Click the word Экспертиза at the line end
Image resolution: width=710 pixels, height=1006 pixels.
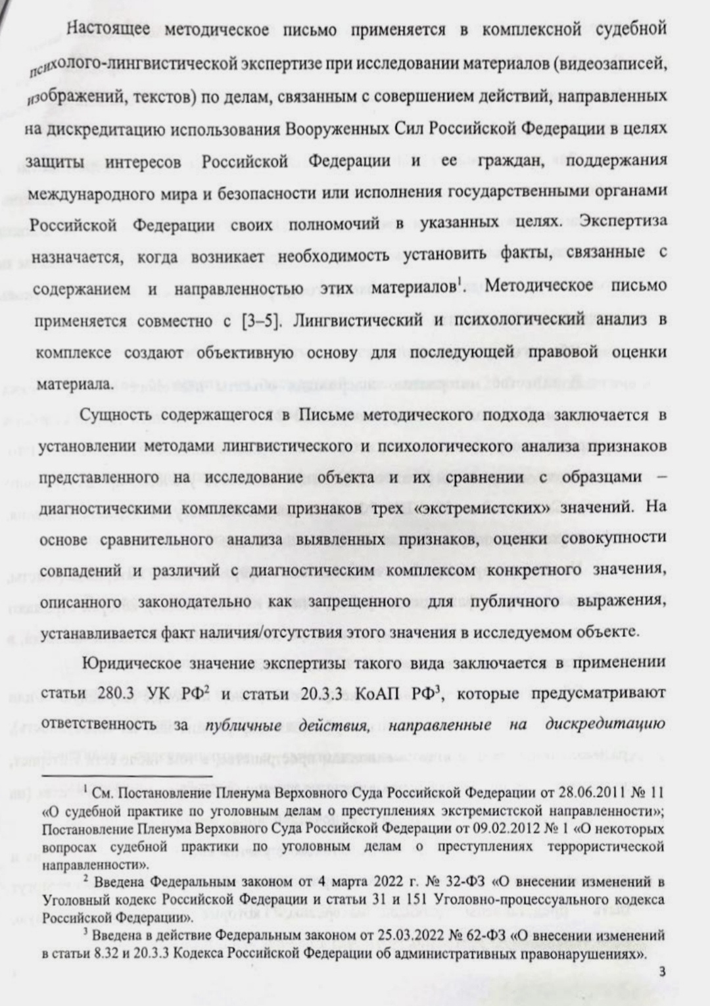click(624, 220)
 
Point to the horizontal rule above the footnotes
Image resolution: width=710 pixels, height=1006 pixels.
click(126, 777)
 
